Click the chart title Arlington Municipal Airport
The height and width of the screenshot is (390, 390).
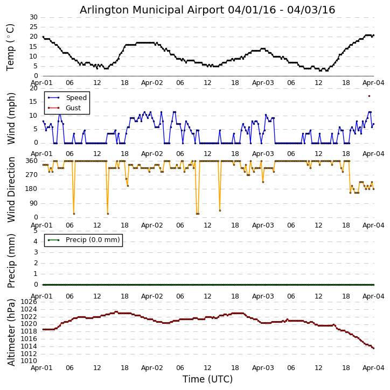tap(207, 10)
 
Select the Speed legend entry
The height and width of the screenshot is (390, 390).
tap(76, 98)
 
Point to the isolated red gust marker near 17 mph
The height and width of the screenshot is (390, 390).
tap(369, 96)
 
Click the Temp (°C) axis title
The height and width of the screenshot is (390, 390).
tap(11, 47)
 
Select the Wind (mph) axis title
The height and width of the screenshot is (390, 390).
tap(11, 118)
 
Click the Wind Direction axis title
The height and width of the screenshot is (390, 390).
tap(11, 189)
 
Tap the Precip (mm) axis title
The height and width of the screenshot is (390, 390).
tap(11, 260)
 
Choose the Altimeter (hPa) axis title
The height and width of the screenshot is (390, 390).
tap(11, 332)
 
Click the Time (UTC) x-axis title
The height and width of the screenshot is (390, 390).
tap(207, 379)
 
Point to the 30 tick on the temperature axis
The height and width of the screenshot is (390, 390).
tap(33, 17)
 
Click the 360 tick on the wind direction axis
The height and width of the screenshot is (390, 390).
tap(31, 161)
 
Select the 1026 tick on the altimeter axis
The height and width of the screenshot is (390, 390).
tap(29, 302)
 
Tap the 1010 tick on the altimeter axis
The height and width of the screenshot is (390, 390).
tap(29, 360)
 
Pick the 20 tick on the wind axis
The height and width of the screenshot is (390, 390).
tap(33, 88)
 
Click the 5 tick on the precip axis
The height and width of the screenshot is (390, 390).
tap(35, 230)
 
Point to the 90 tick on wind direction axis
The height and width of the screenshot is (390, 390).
tap(33, 203)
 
